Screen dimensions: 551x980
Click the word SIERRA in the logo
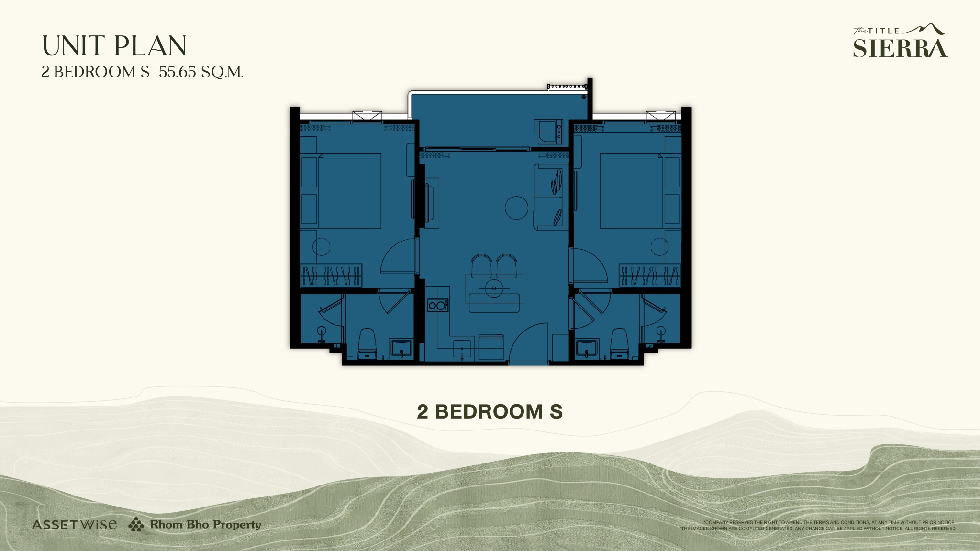click(900, 48)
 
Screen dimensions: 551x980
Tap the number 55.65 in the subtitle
click(178, 72)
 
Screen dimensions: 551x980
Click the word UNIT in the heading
click(73, 46)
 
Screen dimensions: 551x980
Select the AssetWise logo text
click(74, 525)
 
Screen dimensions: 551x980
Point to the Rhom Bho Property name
click(205, 524)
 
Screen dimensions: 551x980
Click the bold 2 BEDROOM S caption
click(490, 412)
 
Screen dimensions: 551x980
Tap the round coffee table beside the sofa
click(516, 208)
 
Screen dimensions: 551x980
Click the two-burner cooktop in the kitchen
click(437, 305)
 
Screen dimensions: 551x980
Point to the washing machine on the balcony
click(548, 132)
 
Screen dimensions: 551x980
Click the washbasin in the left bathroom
click(401, 348)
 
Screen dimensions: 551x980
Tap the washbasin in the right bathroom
click(586, 348)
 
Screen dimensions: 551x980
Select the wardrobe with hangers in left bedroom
click(331, 275)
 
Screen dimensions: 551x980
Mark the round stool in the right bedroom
click(659, 247)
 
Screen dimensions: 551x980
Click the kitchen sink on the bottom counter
click(462, 349)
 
